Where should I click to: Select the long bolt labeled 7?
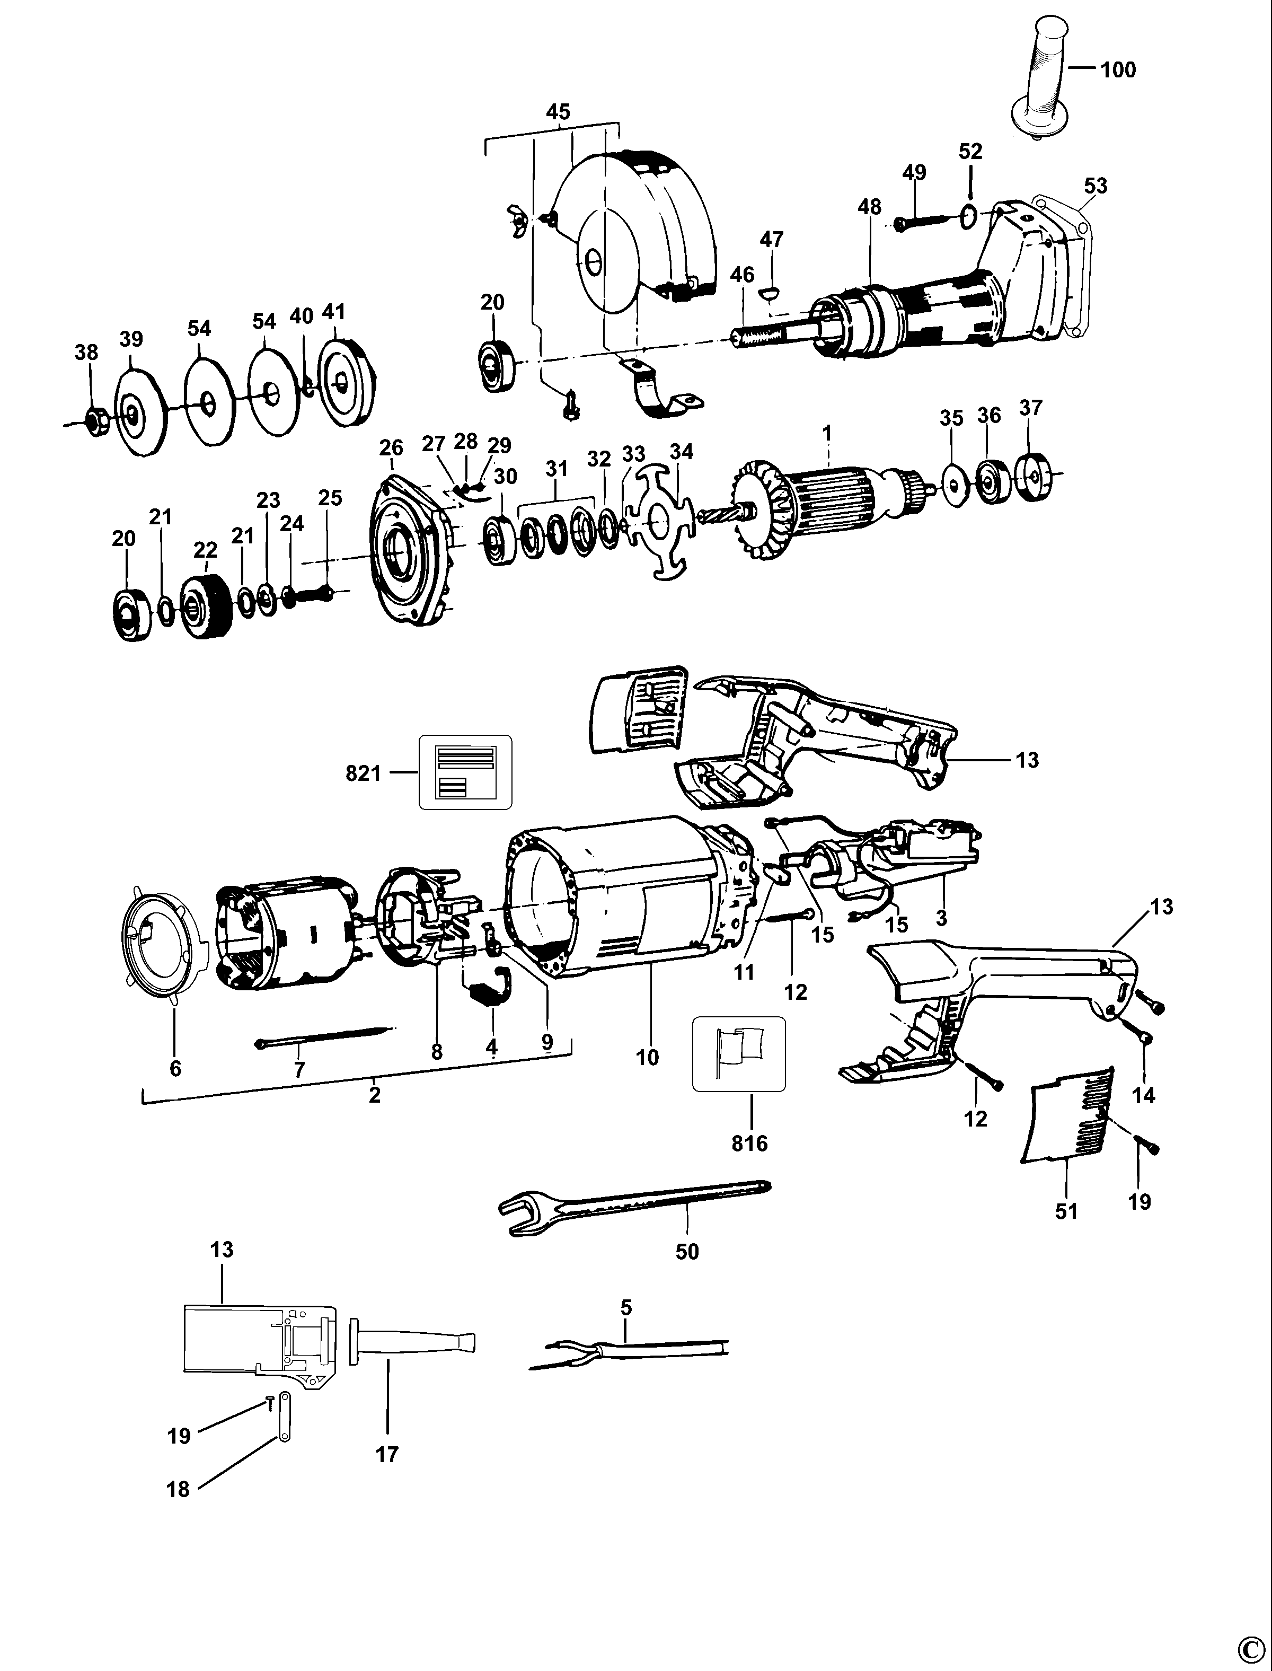coord(325,1036)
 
